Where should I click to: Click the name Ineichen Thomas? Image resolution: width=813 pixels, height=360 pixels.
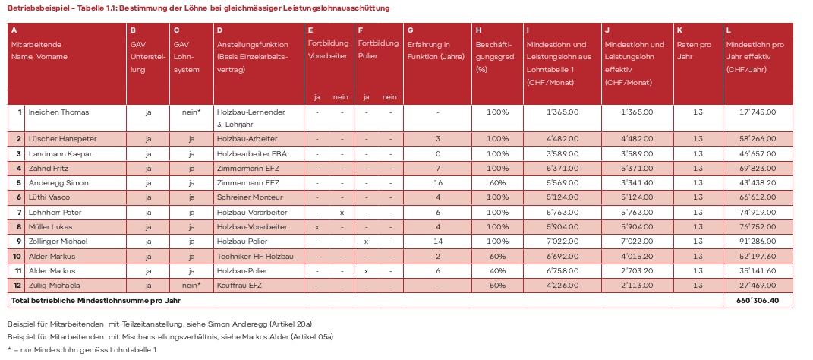pos(58,112)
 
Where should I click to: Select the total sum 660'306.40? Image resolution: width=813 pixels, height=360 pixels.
pos(758,301)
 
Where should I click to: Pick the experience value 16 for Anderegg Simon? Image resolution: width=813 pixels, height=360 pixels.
pos(438,183)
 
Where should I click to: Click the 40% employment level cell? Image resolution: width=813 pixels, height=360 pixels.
pos(497,270)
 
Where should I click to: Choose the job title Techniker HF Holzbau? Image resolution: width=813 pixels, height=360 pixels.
pos(254,255)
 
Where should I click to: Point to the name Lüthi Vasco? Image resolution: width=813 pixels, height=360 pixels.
pos(51,197)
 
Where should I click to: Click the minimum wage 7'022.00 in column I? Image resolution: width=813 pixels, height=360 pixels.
pos(562,241)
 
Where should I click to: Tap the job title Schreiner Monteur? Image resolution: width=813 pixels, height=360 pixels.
pos(247,197)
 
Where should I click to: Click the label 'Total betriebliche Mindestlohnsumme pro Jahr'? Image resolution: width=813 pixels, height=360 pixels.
pos(95,301)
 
